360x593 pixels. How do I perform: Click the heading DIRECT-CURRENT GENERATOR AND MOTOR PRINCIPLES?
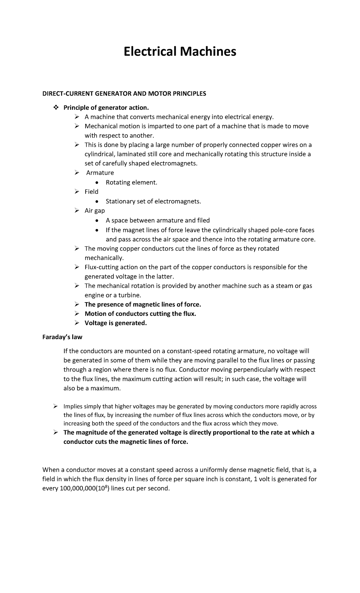click(x=124, y=94)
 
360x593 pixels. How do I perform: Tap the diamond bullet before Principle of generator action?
click(x=55, y=107)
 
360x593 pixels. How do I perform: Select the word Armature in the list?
click(x=100, y=173)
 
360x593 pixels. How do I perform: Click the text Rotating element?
click(x=131, y=182)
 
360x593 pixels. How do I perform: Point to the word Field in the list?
click(x=91, y=192)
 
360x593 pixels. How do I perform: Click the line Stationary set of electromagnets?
click(x=153, y=201)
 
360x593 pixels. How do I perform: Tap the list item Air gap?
click(x=95, y=211)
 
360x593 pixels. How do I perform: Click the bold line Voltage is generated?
click(x=116, y=323)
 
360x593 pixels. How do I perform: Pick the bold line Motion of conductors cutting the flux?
click(x=140, y=314)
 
